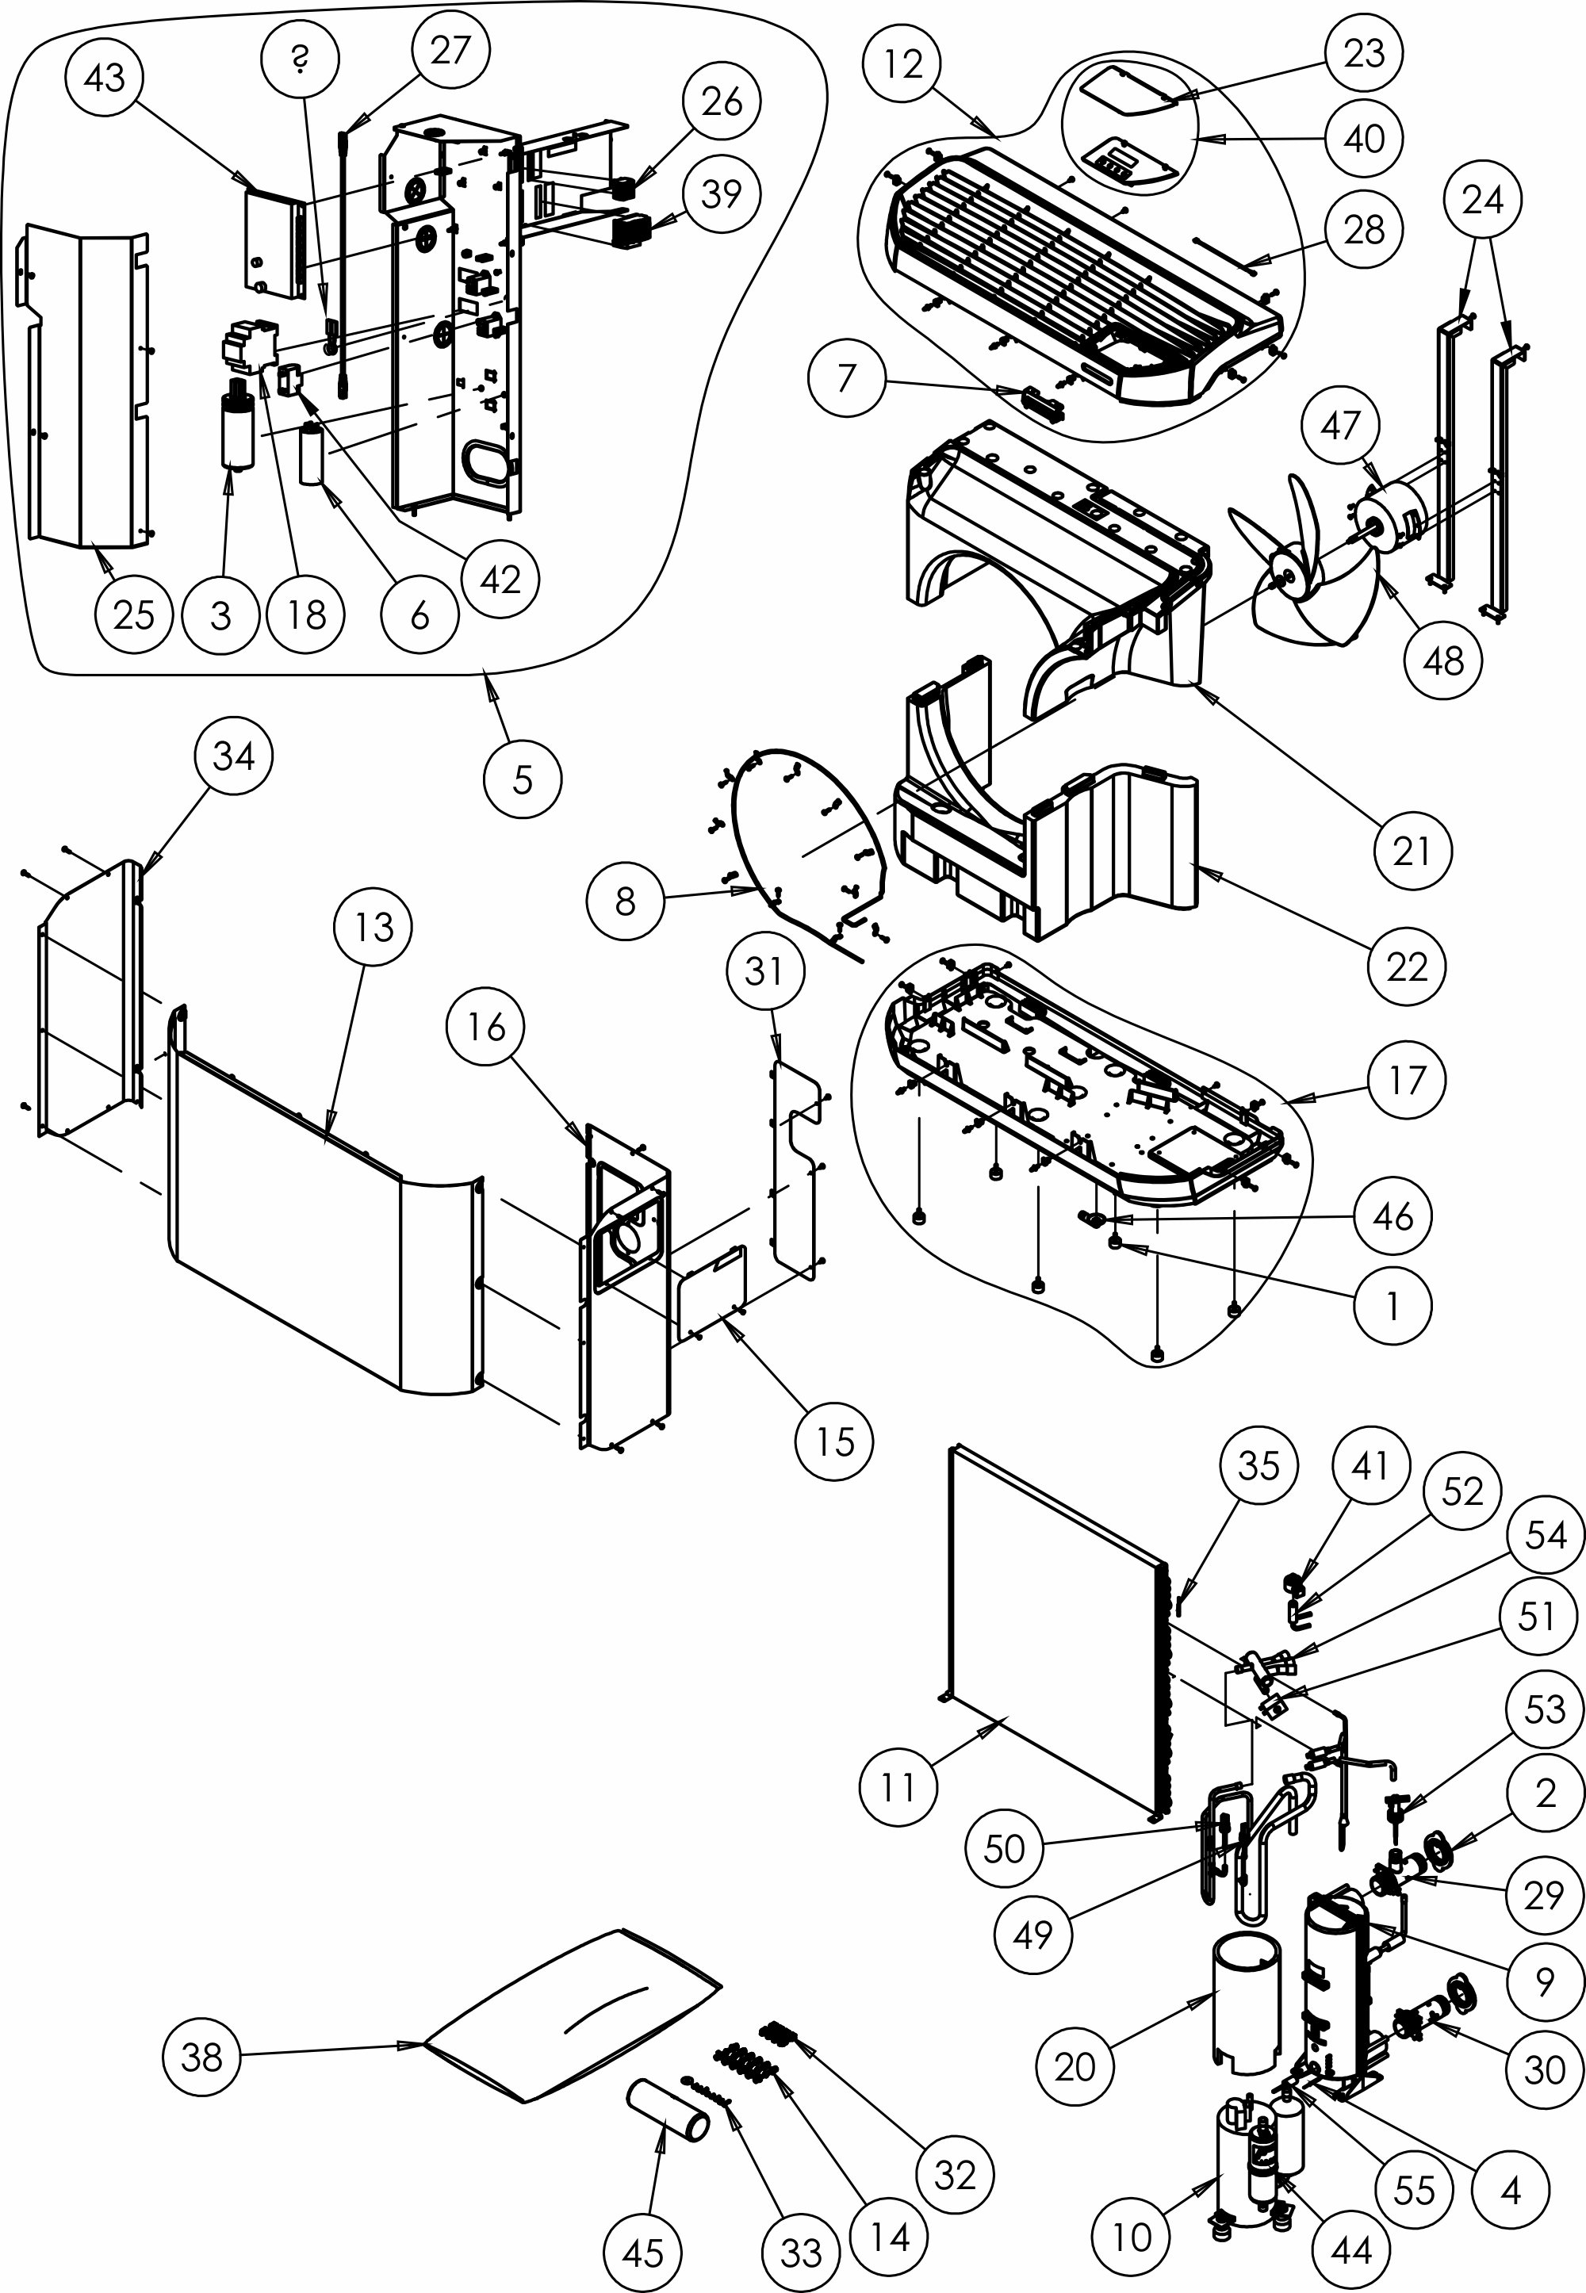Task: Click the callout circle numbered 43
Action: coord(105,78)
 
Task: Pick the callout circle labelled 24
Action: coord(1483,201)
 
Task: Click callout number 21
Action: coord(1412,851)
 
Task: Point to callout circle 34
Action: coord(233,756)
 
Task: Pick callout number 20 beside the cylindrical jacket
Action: coord(1075,2068)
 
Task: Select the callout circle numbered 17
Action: coord(1406,1080)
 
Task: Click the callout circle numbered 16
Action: coord(486,1028)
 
